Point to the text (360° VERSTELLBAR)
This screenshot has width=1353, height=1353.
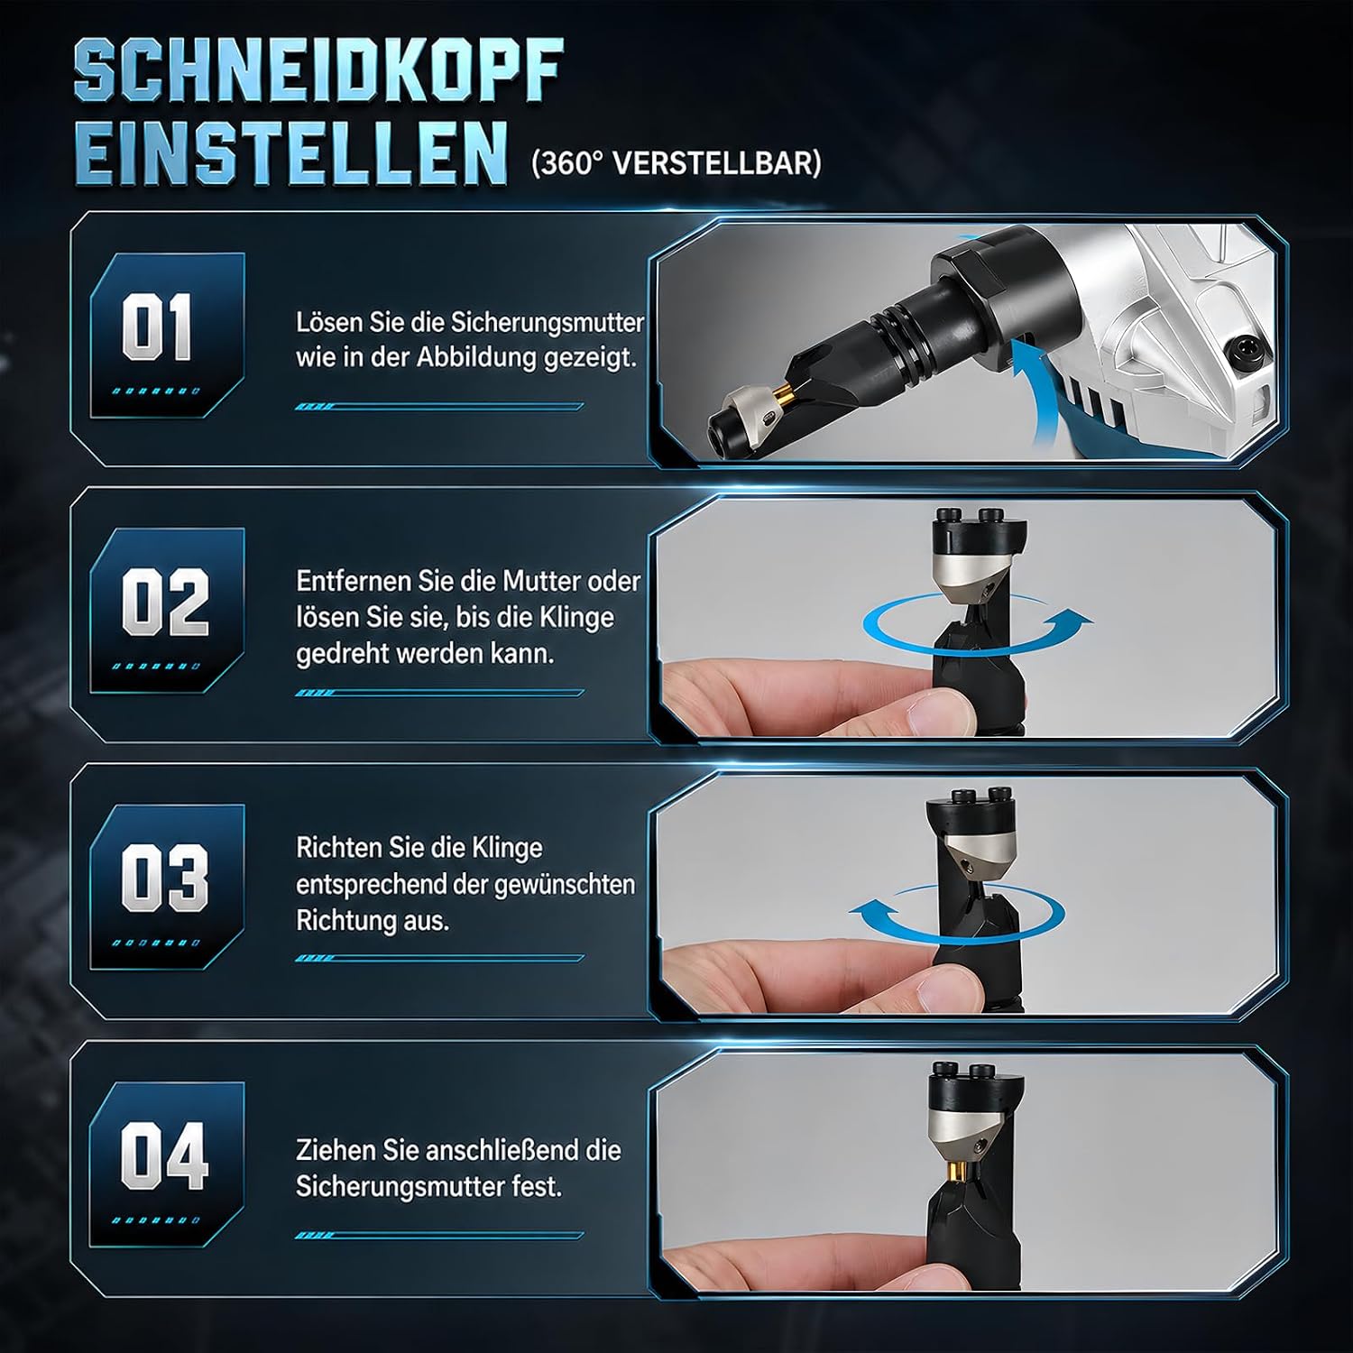point(676,162)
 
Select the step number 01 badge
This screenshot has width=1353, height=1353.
point(167,335)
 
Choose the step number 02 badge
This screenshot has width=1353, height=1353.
point(167,611)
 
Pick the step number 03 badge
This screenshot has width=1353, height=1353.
point(167,887)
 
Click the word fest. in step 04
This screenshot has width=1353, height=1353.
point(537,1187)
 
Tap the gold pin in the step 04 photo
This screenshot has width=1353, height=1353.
point(959,1171)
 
